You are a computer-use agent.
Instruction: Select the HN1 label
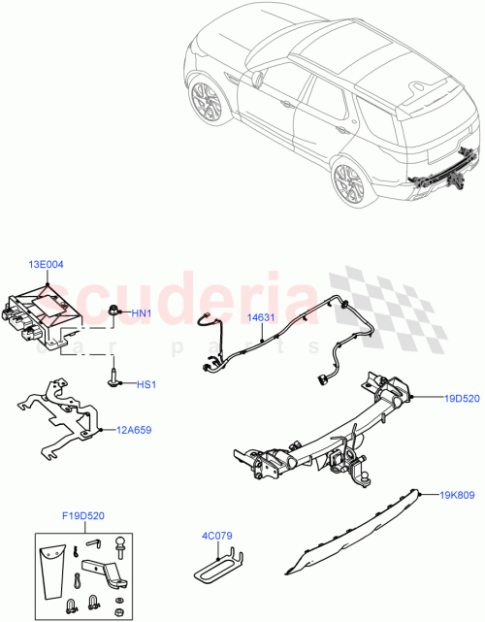click(x=142, y=313)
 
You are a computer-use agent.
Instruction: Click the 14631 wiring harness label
click(x=260, y=316)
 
